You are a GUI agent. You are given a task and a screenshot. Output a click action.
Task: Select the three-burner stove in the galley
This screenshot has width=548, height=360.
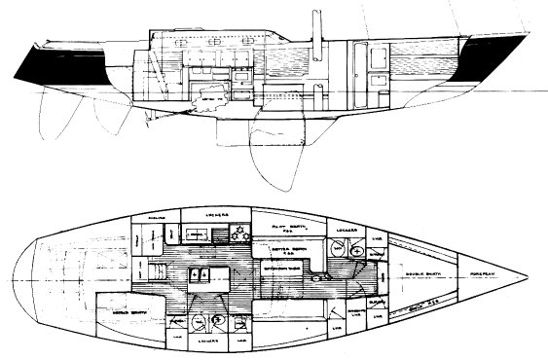coord(236,231)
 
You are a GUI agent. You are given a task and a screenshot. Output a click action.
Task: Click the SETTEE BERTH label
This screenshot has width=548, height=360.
coord(279,249)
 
